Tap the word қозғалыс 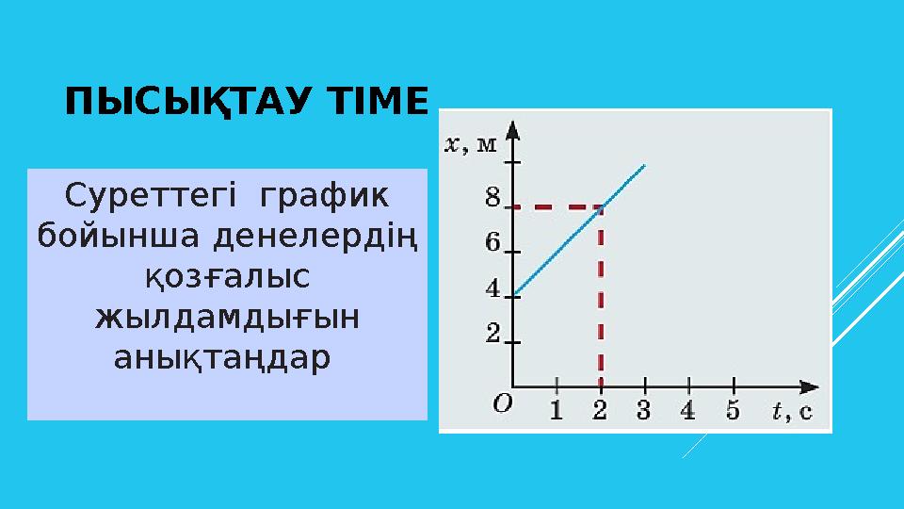point(227,276)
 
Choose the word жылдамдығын point(227,317)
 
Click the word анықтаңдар point(221,357)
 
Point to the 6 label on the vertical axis point(492,242)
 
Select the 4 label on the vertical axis point(492,288)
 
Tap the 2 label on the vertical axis point(492,334)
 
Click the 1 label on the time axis point(557,410)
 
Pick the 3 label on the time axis point(644,410)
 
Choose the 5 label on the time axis point(734,410)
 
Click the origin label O point(503,404)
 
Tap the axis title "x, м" point(471,144)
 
